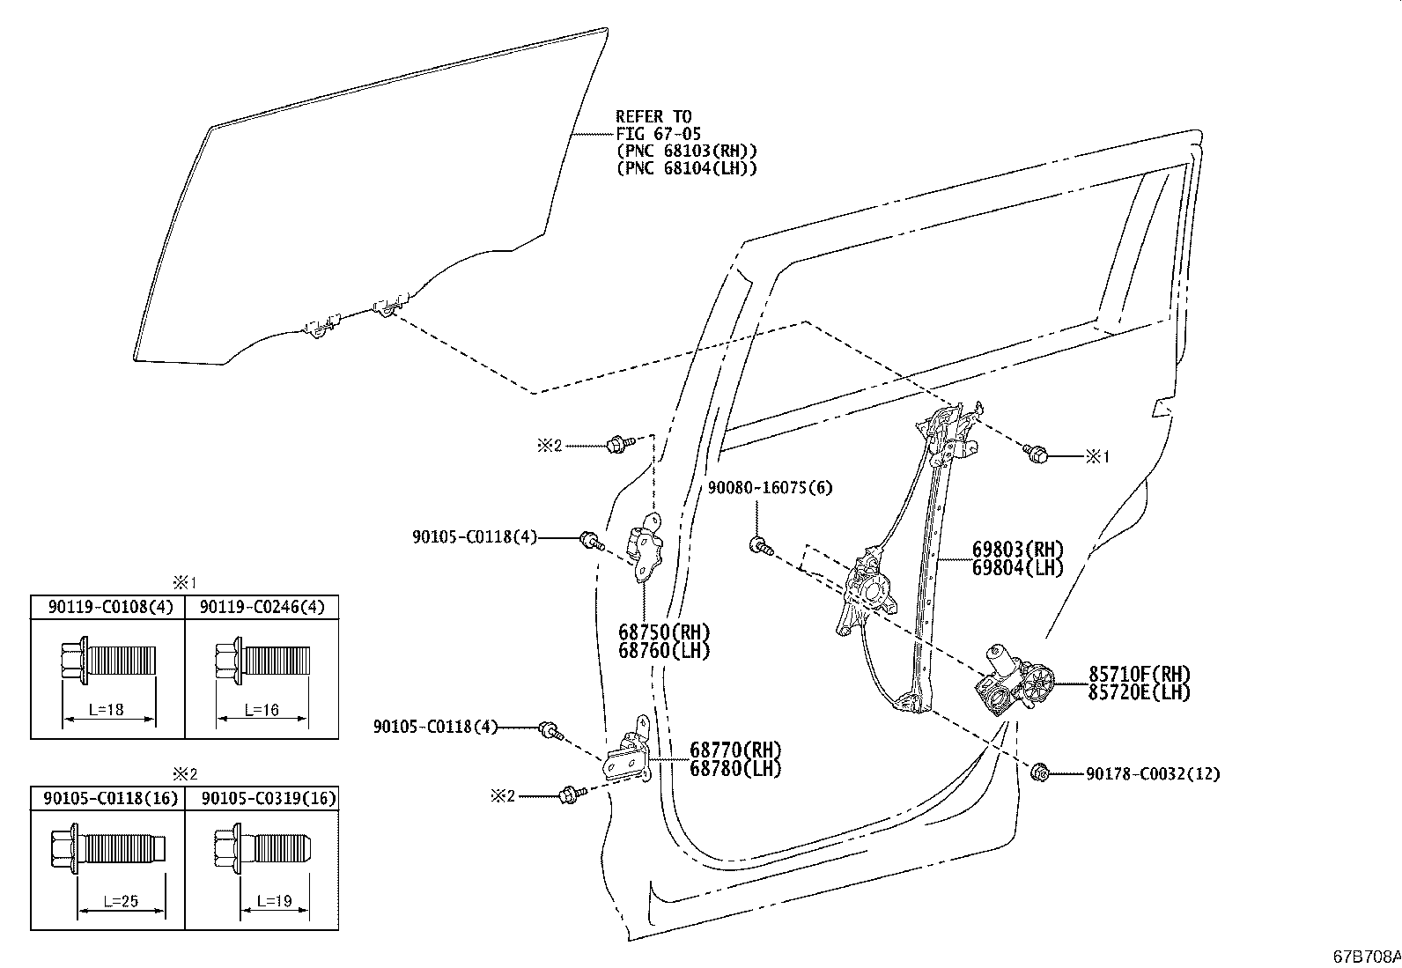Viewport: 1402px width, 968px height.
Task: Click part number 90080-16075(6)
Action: [770, 487]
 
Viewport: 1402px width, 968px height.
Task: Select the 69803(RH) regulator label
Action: [1018, 549]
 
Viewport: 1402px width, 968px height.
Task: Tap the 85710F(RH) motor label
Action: [1140, 674]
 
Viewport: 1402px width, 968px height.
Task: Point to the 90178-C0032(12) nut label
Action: [1153, 774]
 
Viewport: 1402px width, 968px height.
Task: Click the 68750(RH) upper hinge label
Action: [665, 632]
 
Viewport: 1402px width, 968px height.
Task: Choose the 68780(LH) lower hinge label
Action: [735, 768]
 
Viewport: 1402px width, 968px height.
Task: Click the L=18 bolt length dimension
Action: [107, 709]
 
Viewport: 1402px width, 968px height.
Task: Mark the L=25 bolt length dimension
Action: [121, 901]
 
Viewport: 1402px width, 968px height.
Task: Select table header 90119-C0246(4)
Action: [262, 607]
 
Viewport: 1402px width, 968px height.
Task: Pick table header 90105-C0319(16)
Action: [269, 798]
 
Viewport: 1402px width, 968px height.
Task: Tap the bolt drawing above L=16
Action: [262, 661]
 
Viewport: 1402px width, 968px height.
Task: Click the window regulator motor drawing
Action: [1014, 680]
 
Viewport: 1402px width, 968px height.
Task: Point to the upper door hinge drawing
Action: [646, 547]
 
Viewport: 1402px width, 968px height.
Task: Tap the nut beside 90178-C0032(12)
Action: [1039, 773]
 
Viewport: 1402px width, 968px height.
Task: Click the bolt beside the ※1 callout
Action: [1036, 453]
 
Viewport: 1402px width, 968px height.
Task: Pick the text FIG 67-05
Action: [659, 133]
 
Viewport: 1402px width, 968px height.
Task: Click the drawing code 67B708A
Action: [1367, 957]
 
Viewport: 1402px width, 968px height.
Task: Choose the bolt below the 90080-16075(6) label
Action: [761, 546]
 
